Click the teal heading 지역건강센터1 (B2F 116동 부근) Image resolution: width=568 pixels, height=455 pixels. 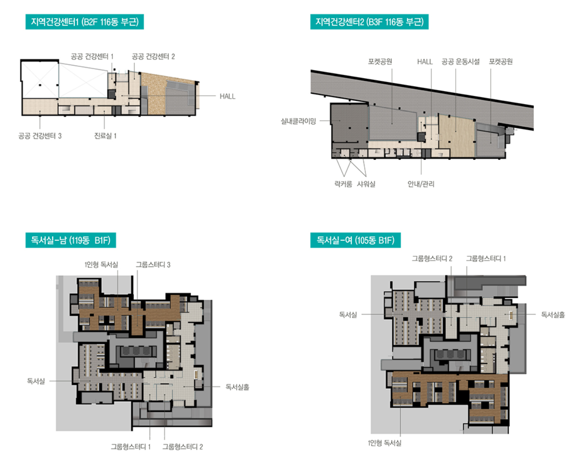click(85, 22)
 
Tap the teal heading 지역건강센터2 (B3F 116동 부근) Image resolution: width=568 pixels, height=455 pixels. click(369, 22)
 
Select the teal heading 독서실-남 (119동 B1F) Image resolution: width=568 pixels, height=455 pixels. click(70, 240)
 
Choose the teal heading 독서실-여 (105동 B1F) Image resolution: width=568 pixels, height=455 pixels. click(355, 240)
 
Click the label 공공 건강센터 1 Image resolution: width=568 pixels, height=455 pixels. click(92, 57)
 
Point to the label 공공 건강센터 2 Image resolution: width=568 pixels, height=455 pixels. click(153, 57)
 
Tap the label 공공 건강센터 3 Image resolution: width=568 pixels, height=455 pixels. click(40, 136)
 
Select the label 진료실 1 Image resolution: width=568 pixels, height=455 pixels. click(105, 136)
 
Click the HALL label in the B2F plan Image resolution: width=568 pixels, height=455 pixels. click(228, 96)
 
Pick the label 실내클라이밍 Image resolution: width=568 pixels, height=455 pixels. click(298, 121)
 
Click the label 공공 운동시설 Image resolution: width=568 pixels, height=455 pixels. click(460, 62)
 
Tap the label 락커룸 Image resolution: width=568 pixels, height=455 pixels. click(343, 184)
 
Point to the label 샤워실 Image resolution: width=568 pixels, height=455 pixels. click(366, 184)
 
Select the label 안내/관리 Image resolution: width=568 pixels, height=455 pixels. click(421, 184)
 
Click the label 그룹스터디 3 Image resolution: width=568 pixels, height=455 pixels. click(153, 264)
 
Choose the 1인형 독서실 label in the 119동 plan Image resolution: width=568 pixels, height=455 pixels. click(101, 264)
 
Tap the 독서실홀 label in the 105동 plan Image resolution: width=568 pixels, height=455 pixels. click(553, 315)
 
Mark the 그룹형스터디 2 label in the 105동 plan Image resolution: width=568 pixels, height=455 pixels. click(432, 258)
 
